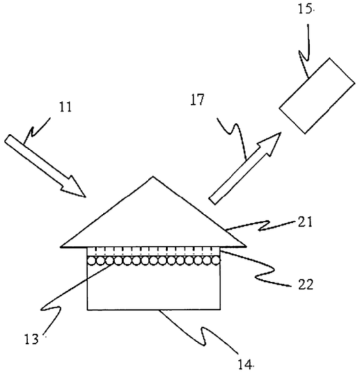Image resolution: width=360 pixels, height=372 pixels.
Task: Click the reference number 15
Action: pos(304,10)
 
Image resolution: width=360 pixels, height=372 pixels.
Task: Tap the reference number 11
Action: pos(65,107)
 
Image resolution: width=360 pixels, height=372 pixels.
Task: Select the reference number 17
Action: pos(197,100)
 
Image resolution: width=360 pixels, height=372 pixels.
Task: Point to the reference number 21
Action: pos(305,223)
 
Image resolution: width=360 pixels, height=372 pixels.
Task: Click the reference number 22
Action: pos(306,285)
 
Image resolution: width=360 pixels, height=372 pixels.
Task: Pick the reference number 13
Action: pos(31,339)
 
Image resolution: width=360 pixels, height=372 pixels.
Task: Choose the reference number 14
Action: pos(245,365)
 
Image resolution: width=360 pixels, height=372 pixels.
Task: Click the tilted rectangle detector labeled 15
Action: pos(317,96)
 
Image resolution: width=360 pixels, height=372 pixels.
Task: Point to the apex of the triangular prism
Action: pos(153,177)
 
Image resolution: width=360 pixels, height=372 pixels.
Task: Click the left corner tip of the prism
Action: pos(61,247)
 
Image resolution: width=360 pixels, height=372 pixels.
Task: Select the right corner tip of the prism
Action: pos(246,247)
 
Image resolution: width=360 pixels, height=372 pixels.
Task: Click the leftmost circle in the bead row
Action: pos(91,261)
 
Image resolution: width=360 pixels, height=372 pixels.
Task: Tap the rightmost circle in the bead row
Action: pos(215,261)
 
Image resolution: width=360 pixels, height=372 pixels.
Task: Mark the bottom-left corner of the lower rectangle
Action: pos(88,310)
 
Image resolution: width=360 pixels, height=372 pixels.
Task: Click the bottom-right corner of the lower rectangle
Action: pos(221,309)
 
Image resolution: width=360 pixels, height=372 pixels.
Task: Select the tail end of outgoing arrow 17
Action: pos(212,200)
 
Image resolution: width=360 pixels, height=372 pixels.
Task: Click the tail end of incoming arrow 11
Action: pos(7,138)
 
